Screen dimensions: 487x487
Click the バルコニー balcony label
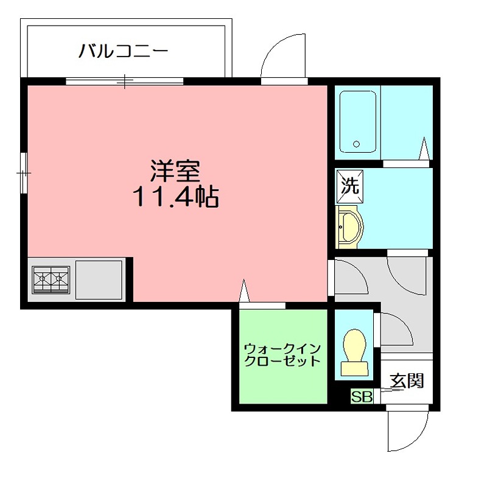(x=123, y=50)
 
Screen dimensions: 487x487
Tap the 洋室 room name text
(x=175, y=172)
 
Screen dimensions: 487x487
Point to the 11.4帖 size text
(x=176, y=196)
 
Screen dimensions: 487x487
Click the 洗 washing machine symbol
(x=350, y=186)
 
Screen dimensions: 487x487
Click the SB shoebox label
(x=362, y=397)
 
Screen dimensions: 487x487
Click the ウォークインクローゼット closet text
(x=282, y=355)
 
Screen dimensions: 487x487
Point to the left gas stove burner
(x=42, y=279)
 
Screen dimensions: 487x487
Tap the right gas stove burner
(x=59, y=279)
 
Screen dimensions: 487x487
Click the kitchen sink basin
(x=99, y=279)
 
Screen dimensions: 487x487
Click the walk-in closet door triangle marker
(x=245, y=291)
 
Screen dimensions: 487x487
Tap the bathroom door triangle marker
(x=425, y=148)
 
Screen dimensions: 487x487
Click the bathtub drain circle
(x=356, y=145)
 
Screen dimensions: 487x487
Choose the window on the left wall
(x=23, y=173)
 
